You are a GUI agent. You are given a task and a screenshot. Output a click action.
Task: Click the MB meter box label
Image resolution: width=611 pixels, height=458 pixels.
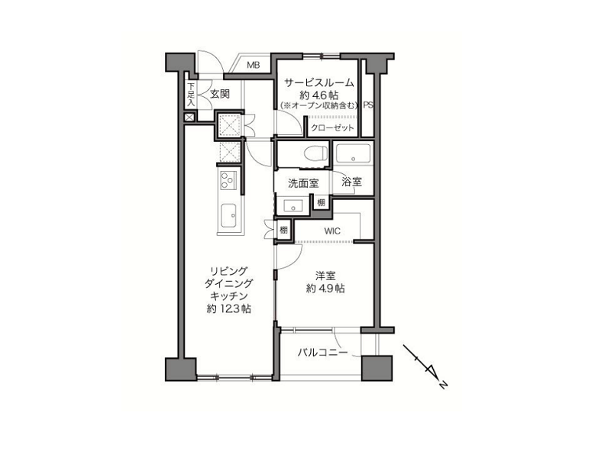click(253, 66)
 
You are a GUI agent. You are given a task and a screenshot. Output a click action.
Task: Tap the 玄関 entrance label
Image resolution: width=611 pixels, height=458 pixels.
click(220, 94)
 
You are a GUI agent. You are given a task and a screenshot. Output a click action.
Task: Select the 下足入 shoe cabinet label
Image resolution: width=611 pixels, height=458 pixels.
click(190, 94)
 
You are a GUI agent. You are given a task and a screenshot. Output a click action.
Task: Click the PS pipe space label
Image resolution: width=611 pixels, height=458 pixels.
click(368, 105)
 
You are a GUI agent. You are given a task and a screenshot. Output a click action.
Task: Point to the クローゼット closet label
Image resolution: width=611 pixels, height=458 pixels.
click(332, 127)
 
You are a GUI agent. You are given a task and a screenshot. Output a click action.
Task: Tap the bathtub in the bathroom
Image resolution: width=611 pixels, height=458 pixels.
click(353, 154)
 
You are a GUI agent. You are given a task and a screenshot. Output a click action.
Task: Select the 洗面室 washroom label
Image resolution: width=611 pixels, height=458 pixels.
click(303, 183)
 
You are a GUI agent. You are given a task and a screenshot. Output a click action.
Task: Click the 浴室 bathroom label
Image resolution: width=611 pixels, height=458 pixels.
click(351, 182)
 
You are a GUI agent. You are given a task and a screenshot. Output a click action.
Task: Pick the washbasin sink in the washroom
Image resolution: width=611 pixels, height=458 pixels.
click(294, 205)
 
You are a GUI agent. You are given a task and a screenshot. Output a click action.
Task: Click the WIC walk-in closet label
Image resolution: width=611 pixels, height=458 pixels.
click(332, 231)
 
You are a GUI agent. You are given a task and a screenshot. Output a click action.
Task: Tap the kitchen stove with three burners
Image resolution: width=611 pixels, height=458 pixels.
click(228, 180)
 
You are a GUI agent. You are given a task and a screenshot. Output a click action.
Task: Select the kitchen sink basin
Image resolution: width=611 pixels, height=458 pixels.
click(228, 215)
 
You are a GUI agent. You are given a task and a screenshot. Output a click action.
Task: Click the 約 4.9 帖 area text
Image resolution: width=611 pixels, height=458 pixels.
click(325, 289)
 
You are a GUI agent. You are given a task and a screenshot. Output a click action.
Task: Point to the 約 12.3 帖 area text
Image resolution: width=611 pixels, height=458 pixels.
click(228, 309)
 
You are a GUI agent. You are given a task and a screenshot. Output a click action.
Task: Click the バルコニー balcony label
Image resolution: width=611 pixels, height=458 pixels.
click(322, 353)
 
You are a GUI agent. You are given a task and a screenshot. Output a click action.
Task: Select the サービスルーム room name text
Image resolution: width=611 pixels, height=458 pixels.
click(318, 82)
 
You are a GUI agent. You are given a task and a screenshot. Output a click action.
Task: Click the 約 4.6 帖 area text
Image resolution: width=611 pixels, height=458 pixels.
click(318, 95)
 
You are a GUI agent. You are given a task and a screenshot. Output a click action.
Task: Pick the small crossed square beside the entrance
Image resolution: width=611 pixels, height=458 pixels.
click(189, 118)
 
